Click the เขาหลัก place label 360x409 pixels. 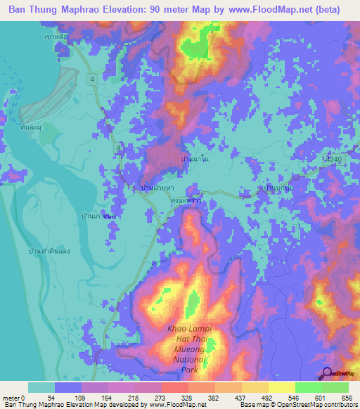[53, 36]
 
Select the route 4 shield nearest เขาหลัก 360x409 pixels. [91, 79]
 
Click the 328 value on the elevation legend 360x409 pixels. [177, 398]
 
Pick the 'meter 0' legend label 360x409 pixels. [13, 398]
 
